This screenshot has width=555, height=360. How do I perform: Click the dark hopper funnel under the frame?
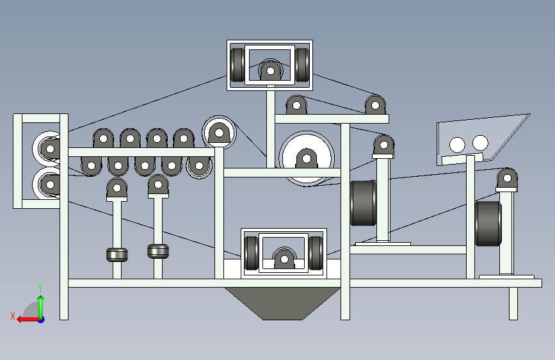[282, 302]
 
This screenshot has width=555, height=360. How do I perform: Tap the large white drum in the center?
[307, 158]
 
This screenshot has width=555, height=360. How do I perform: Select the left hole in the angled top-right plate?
[457, 144]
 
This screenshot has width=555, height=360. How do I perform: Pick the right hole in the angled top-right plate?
[479, 142]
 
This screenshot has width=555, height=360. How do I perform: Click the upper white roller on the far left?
[46, 149]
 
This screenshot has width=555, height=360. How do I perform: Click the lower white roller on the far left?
[46, 184]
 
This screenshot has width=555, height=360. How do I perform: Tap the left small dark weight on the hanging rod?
[117, 254]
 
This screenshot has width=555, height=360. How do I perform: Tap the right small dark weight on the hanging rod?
[157, 250]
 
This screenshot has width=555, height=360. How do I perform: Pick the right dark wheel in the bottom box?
[316, 254]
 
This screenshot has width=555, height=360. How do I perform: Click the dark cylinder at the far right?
[487, 224]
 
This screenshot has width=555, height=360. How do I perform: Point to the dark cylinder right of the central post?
[363, 203]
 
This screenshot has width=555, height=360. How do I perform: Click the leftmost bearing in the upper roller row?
[102, 138]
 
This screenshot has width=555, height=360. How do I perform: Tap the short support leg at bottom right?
[513, 304]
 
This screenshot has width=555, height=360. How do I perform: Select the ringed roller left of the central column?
[219, 133]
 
